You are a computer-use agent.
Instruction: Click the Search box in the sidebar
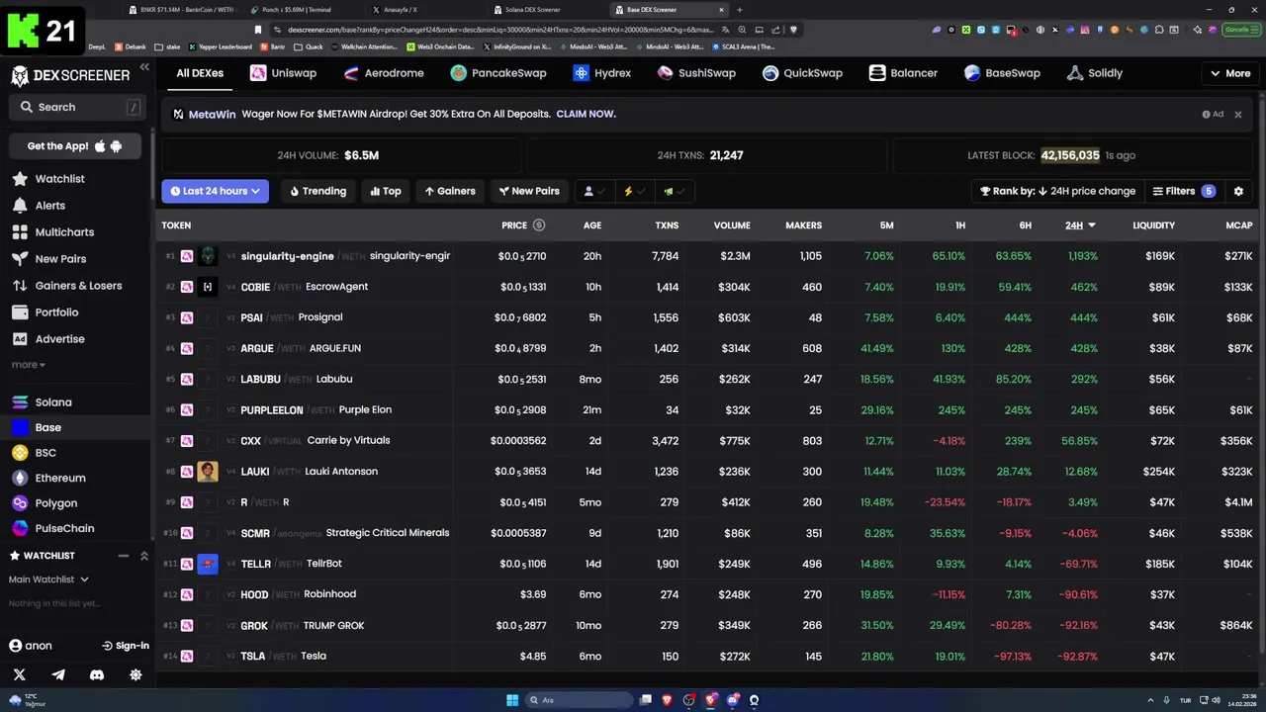click(x=74, y=107)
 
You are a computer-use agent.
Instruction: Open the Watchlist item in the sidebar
click(x=59, y=179)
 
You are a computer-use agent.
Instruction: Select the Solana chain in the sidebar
click(x=53, y=402)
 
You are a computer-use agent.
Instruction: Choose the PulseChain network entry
click(x=64, y=528)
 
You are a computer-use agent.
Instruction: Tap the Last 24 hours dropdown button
click(x=215, y=191)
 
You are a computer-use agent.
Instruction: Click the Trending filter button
click(x=317, y=191)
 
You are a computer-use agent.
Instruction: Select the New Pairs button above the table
click(x=529, y=191)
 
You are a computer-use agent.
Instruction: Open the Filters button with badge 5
click(x=1183, y=191)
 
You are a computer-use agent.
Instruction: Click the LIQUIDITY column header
click(x=1153, y=225)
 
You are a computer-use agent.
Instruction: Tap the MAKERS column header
click(x=803, y=225)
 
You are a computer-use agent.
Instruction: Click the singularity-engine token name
click(x=287, y=256)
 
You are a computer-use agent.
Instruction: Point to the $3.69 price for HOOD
click(x=533, y=594)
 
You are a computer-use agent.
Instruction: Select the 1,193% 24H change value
click(x=1082, y=256)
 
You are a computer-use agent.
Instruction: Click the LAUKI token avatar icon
click(x=208, y=472)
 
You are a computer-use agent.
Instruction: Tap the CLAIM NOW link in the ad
click(x=586, y=114)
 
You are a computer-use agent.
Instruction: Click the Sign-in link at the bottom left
click(x=126, y=646)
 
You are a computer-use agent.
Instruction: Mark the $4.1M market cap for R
click(x=1238, y=502)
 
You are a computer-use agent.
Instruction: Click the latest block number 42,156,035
click(x=1069, y=155)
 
